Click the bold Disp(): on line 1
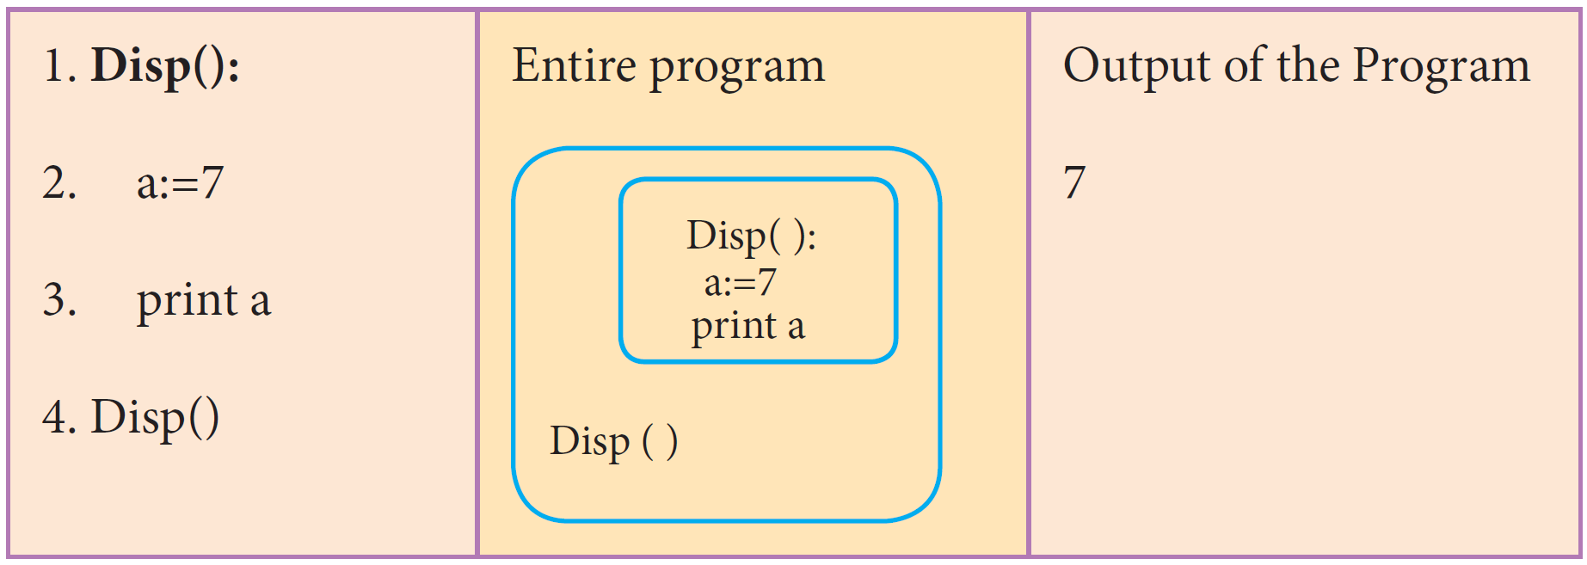[x=165, y=67]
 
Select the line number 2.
[x=58, y=183]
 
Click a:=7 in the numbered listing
[x=180, y=183]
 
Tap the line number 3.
[x=58, y=300]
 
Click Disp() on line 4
[x=155, y=418]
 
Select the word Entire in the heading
[x=574, y=65]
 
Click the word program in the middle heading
[x=737, y=67]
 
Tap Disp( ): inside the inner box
[x=751, y=236]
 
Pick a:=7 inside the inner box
[x=740, y=282]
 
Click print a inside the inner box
[x=747, y=326]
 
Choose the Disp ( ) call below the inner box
[x=613, y=442]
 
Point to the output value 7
[x=1074, y=183]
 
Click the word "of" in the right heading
[x=1245, y=65]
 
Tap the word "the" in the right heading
[x=1307, y=65]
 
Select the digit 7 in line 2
[x=212, y=183]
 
